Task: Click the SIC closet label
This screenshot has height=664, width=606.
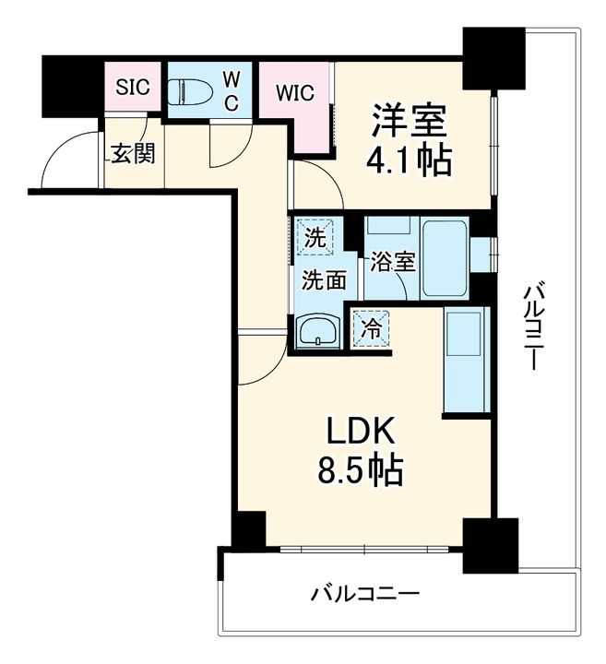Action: (x=130, y=89)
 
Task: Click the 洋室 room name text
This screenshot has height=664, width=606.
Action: (x=409, y=121)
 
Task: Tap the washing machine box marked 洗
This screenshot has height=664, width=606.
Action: (x=315, y=237)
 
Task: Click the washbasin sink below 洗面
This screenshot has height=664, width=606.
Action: (x=319, y=329)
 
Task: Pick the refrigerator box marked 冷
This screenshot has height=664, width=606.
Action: (x=371, y=328)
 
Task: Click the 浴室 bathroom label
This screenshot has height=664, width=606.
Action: (x=393, y=261)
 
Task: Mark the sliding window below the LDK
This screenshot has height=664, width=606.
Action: (x=364, y=549)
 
